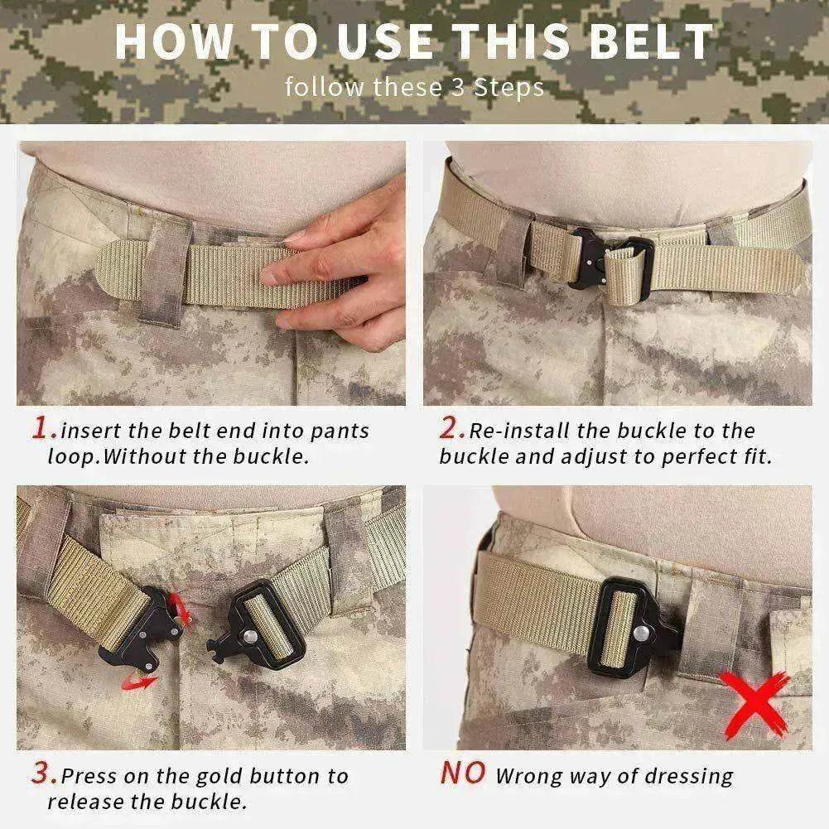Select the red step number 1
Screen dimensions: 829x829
[43, 428]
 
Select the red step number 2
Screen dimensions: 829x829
[451, 428]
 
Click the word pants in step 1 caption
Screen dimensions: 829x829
[340, 431]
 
